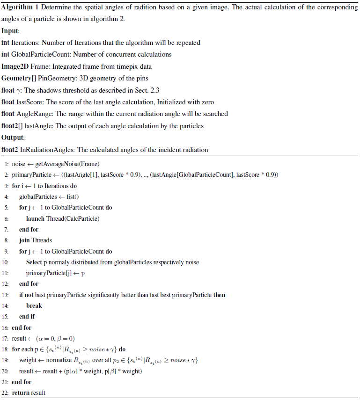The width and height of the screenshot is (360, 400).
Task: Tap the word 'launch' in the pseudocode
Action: pos(36,218)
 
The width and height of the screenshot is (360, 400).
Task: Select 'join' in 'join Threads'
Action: pos(24,240)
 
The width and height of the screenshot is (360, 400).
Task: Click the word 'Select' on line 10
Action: pos(35,262)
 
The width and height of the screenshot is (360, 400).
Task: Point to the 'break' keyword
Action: pos(34,305)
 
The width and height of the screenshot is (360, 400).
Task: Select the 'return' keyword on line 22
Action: pos(21,393)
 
